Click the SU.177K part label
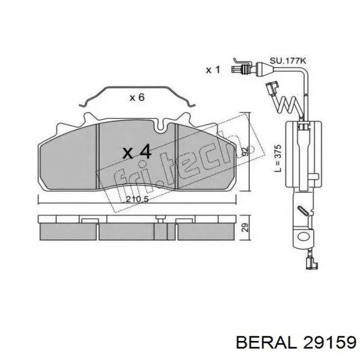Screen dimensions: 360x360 pyautogui.click(x=288, y=61)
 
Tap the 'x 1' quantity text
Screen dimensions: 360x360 pyautogui.click(x=213, y=70)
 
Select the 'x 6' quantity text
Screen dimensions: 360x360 pyautogui.click(x=137, y=98)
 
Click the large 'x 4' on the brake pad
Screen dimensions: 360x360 pyautogui.click(x=137, y=152)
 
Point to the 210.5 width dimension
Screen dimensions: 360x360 pyautogui.click(x=137, y=200)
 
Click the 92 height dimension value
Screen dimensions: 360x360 pyautogui.click(x=245, y=152)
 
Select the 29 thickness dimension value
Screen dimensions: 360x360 pyautogui.click(x=245, y=227)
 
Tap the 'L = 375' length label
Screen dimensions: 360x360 pyautogui.click(x=278, y=158)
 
